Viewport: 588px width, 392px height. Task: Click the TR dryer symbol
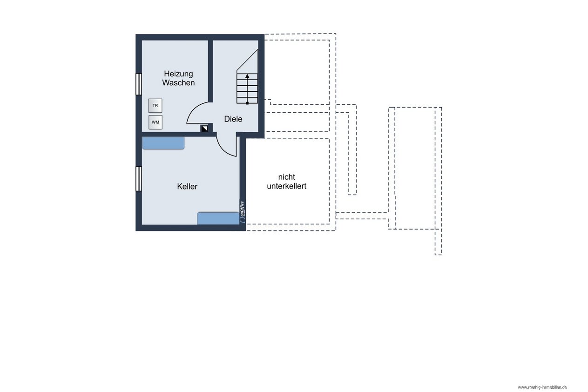pyautogui.click(x=155, y=106)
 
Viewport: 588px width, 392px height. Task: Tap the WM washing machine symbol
pyautogui.click(x=155, y=122)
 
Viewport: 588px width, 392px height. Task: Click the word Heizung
pyautogui.click(x=178, y=74)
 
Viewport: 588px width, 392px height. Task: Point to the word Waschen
pyautogui.click(x=178, y=83)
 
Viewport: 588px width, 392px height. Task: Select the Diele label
pyautogui.click(x=233, y=119)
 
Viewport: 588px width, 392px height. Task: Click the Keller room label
pyautogui.click(x=187, y=186)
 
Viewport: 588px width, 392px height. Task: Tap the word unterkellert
pyautogui.click(x=287, y=186)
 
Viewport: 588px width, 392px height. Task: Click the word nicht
pyautogui.click(x=287, y=177)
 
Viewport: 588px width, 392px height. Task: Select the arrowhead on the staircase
pyautogui.click(x=247, y=76)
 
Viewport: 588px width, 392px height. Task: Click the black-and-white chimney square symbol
pyautogui.click(x=204, y=128)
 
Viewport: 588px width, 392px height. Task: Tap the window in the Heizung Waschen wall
pyautogui.click(x=139, y=84)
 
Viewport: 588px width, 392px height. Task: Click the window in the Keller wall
pyautogui.click(x=139, y=179)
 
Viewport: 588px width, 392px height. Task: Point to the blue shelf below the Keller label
pyautogui.click(x=218, y=218)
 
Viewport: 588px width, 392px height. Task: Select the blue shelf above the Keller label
pyautogui.click(x=163, y=143)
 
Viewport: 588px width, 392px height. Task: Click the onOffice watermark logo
pyautogui.click(x=242, y=212)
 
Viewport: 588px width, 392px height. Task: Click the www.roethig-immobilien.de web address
pyautogui.click(x=542, y=387)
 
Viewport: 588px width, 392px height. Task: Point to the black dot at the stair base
pyautogui.click(x=247, y=103)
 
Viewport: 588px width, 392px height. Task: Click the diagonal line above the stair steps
pyautogui.click(x=247, y=60)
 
